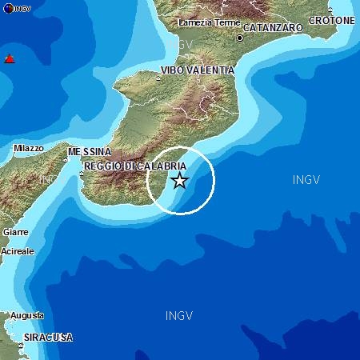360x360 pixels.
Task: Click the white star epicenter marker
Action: click(180, 181)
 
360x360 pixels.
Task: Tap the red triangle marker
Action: click(10, 58)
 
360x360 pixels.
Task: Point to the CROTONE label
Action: click(332, 20)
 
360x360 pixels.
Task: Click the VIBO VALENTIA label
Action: click(198, 70)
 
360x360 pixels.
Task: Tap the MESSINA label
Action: click(90, 151)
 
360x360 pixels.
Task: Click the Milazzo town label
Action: click(29, 148)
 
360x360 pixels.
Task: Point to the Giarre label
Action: click(15, 232)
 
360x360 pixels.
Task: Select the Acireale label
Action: click(18, 251)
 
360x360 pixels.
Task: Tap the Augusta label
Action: click(27, 316)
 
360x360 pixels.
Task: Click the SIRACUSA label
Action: click(48, 338)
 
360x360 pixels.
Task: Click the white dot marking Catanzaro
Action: click(239, 38)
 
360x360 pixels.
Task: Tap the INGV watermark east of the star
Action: click(306, 180)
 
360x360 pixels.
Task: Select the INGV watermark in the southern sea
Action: click(179, 315)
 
